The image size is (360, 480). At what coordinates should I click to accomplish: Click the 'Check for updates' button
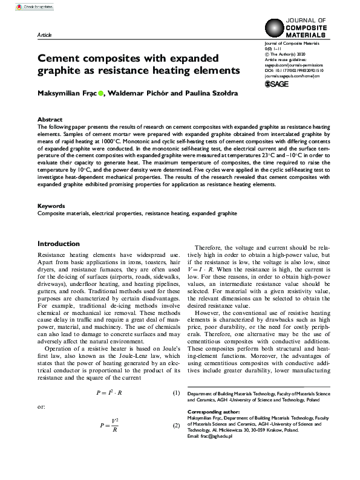tap(22, 5)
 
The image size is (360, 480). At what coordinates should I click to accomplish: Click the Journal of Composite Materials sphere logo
tap(275, 29)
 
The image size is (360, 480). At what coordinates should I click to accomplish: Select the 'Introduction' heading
tap(58, 244)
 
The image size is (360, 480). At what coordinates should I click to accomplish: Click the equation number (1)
tap(176, 393)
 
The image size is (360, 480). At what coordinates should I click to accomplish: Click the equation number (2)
tap(176, 426)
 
